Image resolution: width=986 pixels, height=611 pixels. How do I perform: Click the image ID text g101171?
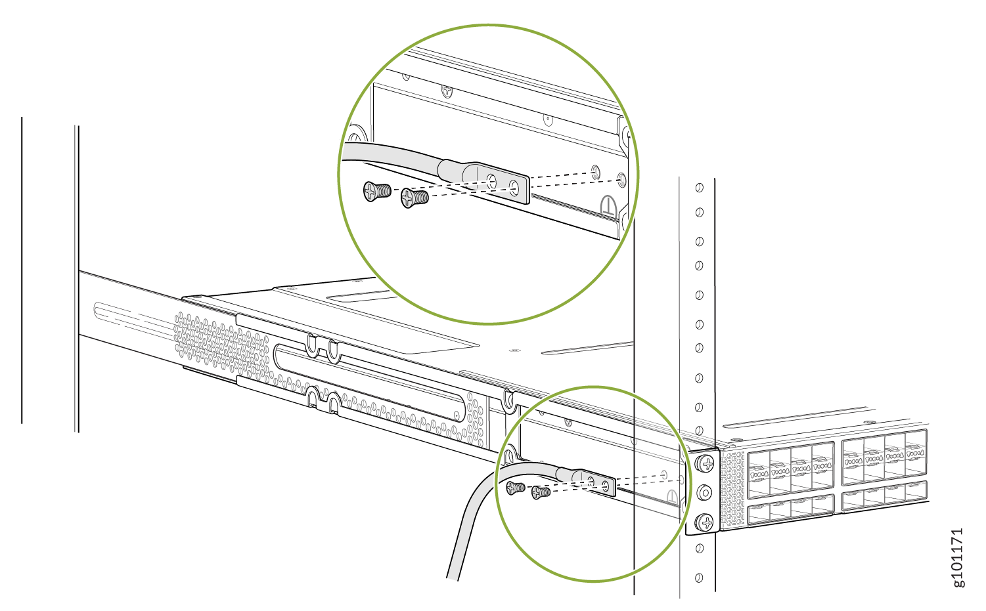pyautogui.click(x=958, y=557)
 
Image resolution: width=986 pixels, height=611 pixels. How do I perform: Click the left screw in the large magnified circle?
pyautogui.click(x=376, y=191)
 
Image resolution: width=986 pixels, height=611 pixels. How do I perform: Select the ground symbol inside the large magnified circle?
pyautogui.click(x=610, y=205)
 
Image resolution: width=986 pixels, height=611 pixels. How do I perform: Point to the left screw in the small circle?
pyautogui.click(x=515, y=487)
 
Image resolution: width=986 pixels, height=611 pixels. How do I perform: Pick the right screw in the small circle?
pyautogui.click(x=541, y=492)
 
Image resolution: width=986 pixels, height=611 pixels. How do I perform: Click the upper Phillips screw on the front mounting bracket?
pyautogui.click(x=706, y=464)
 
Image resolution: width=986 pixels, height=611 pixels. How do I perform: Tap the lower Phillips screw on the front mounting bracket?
pyautogui.click(x=706, y=522)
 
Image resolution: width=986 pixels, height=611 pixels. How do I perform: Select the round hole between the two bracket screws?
pyautogui.click(x=706, y=492)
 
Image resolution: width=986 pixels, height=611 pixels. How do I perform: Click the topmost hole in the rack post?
pyautogui.click(x=700, y=188)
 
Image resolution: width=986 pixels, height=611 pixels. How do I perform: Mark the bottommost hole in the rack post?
pyautogui.click(x=699, y=578)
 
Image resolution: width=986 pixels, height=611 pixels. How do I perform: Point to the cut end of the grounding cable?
pyautogui.click(x=453, y=578)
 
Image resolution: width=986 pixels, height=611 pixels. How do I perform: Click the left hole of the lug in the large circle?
pyautogui.click(x=492, y=182)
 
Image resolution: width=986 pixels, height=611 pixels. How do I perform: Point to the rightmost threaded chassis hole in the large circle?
pyautogui.click(x=621, y=179)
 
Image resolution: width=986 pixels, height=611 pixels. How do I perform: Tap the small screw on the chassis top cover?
pyautogui.click(x=514, y=350)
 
